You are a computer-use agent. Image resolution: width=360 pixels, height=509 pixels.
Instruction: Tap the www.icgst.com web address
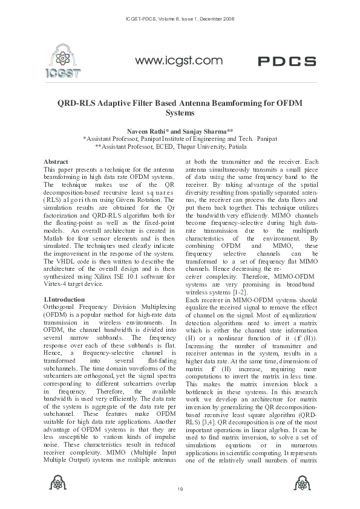(x=180, y=60)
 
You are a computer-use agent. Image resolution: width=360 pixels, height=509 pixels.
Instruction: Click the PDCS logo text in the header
(x=287, y=62)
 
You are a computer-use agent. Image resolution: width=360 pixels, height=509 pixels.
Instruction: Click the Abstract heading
(x=56, y=162)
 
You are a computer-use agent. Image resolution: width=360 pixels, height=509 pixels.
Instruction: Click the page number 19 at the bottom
(x=180, y=488)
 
